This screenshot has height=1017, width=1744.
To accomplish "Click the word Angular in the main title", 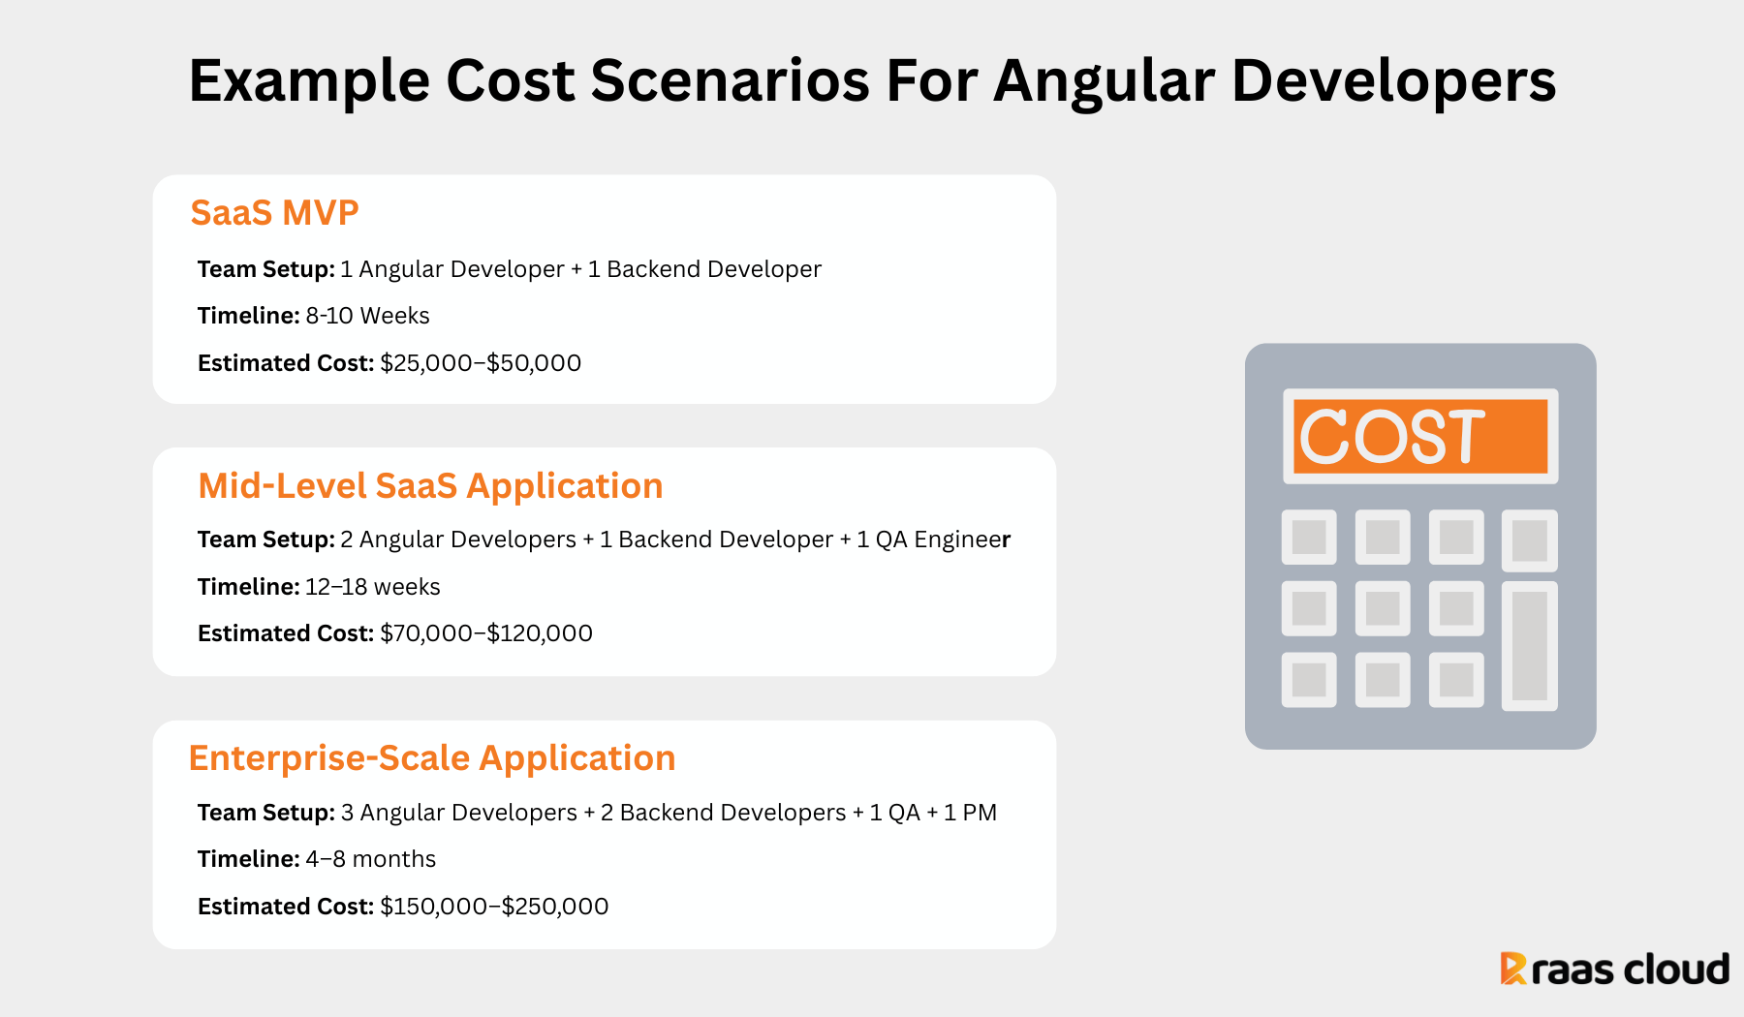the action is pos(1104,81).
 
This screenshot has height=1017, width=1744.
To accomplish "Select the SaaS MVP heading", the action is pos(274,212).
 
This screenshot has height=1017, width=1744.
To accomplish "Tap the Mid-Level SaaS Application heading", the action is pos(430,485).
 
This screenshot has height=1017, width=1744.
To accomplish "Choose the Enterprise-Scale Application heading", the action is pos(432,757).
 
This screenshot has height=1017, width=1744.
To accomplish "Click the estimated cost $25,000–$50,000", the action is pos(481,363).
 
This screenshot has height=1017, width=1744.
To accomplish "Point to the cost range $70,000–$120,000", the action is pos(486,633).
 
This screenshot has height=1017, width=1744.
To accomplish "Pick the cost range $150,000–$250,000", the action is pos(494,907).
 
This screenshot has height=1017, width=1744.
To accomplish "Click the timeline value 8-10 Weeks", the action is pos(367,316).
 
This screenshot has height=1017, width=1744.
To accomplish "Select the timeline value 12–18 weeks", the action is pos(372,587).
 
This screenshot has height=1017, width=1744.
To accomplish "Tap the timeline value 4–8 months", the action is pos(370,859).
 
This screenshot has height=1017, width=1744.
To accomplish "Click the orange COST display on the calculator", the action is pos(1420,436).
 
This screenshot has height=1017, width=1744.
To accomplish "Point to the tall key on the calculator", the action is pos(1530,646).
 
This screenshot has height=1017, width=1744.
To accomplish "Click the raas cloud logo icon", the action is pos(1512,969).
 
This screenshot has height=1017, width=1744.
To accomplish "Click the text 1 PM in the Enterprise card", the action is pos(970,813).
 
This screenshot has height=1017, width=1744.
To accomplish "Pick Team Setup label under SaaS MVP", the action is pos(266,269).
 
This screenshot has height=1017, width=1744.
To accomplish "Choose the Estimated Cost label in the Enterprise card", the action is pos(286,907).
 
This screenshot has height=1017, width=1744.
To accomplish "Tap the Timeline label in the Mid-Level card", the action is pos(249,587).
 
